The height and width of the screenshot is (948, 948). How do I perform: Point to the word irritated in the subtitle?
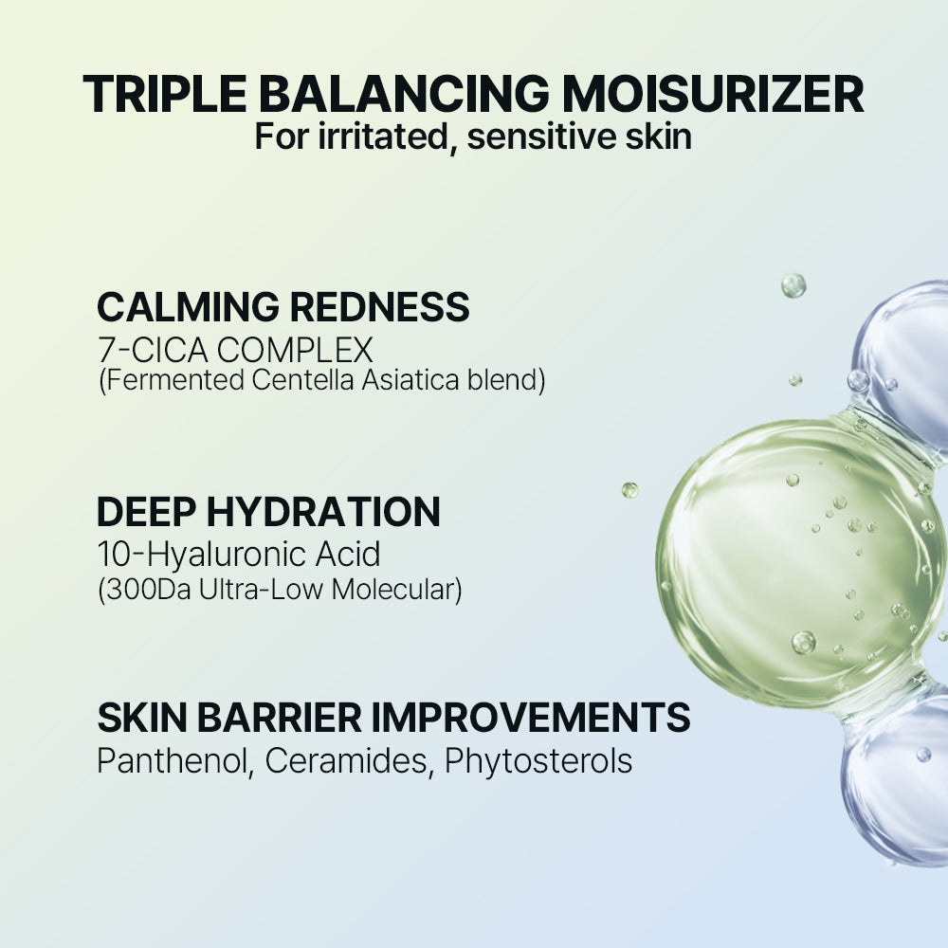coord(378,136)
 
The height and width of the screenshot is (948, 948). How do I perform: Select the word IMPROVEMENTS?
coord(531,719)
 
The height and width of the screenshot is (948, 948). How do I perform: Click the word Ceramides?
coord(347,761)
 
